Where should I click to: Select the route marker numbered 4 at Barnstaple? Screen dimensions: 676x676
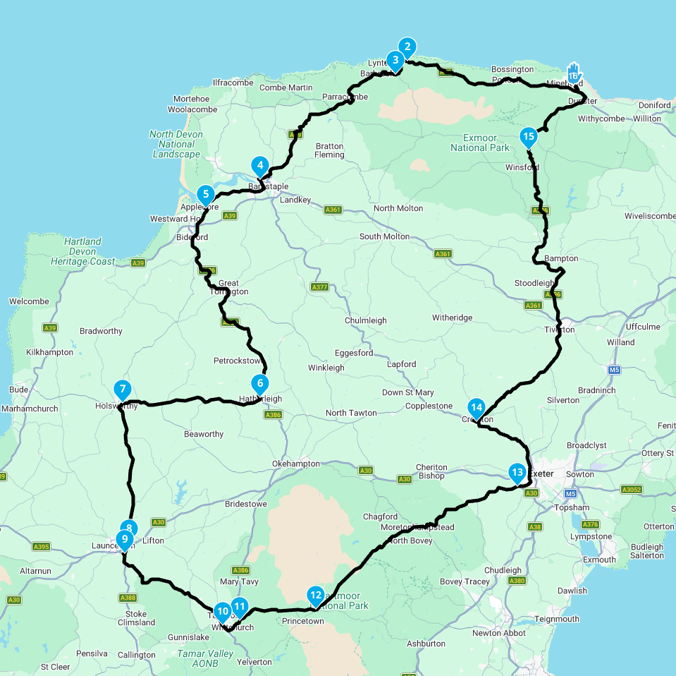(x=260, y=167)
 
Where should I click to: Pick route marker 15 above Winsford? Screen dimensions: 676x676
(x=528, y=137)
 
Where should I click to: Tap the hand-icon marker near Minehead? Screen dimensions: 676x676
(x=574, y=73)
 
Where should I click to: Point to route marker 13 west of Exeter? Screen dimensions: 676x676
(x=517, y=473)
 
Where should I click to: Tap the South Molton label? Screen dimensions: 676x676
(x=384, y=236)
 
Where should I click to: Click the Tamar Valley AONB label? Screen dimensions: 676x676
(x=206, y=658)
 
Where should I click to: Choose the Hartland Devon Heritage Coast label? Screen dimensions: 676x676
(x=83, y=251)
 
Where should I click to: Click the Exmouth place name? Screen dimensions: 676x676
(x=598, y=560)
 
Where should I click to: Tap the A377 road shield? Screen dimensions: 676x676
(x=319, y=287)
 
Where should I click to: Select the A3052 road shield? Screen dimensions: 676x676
(x=632, y=489)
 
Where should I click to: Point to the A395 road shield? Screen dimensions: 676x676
(x=41, y=546)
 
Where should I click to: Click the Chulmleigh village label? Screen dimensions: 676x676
(x=365, y=320)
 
